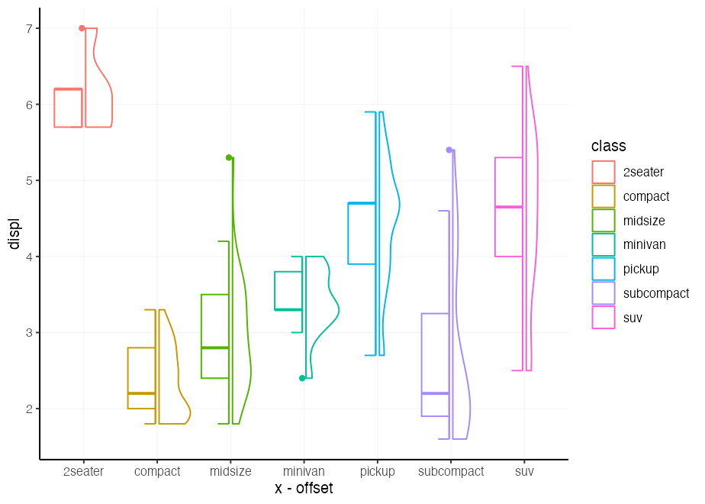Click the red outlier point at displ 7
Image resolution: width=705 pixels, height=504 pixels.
82,28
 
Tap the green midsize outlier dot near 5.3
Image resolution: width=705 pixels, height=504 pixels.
229,157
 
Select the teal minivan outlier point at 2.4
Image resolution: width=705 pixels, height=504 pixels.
302,378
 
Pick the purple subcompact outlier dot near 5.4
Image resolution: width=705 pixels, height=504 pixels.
449,150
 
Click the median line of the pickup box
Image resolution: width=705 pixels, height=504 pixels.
362,203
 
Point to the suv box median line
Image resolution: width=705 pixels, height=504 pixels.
509,207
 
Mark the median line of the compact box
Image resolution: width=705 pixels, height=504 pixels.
141,393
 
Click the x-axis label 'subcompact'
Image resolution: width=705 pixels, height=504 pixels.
451,472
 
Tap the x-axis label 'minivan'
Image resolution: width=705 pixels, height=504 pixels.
304,472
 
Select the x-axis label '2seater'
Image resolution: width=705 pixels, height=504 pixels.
83,472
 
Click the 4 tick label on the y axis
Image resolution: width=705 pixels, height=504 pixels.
29,257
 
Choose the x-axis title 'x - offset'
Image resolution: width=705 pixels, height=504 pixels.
304,489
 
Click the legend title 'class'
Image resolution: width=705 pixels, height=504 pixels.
608,146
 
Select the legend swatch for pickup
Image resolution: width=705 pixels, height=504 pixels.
604,269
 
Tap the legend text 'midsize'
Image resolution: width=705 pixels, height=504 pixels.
644,221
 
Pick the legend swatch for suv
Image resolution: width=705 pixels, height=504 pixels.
604,318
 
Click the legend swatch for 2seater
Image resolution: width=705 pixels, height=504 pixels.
604,172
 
